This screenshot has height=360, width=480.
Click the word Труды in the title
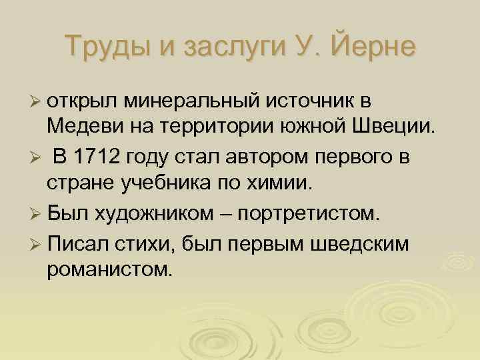point(106,47)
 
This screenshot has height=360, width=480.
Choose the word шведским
point(359,243)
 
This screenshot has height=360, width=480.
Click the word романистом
point(110,269)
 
